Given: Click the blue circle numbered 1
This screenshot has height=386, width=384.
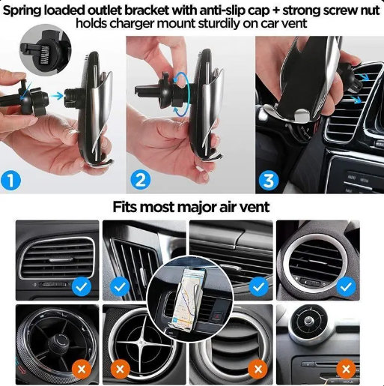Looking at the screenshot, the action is click(10, 181).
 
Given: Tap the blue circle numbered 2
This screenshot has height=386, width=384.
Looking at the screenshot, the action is click(141, 180).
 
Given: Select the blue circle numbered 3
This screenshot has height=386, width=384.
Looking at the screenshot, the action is click(269, 181).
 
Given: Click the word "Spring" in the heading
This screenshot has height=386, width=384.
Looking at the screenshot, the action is click(22, 11).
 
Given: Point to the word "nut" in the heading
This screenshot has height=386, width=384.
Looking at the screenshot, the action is click(370, 11).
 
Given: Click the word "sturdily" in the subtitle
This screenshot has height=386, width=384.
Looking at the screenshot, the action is click(212, 24).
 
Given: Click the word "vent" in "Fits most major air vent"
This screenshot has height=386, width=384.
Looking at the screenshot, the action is click(256, 208).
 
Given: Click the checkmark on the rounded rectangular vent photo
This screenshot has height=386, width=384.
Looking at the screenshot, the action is click(82, 287).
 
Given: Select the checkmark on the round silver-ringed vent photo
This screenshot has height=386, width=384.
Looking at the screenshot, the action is click(346, 287).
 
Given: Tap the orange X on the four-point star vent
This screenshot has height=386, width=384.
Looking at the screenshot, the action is click(121, 369).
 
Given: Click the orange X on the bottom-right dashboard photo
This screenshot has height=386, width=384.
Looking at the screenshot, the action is click(346, 369).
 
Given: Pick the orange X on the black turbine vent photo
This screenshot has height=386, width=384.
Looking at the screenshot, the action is click(82, 369).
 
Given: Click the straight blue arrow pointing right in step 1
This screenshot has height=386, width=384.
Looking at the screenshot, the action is click(57, 95).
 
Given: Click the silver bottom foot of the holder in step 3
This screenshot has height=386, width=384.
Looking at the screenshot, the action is click(302, 115).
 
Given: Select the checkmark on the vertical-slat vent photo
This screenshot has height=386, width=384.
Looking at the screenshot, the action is click(121, 287).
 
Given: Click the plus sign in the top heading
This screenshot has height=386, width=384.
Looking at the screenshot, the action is click(276, 12).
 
